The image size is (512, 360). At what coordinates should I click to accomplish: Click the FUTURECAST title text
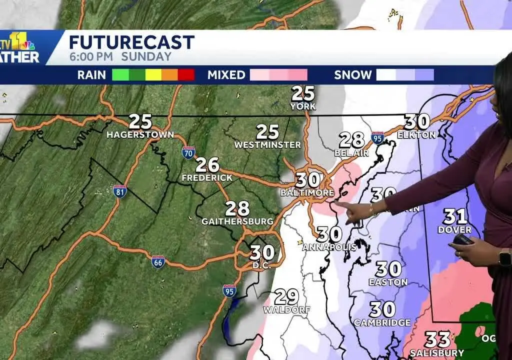click(131, 42)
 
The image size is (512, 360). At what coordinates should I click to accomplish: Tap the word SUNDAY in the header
click(149, 56)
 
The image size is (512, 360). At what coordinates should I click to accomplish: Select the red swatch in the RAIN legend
click(185, 75)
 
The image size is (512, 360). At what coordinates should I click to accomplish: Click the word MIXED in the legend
click(226, 75)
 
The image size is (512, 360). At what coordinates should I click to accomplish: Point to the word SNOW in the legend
click(353, 75)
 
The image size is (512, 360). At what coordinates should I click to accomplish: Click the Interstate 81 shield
click(119, 190)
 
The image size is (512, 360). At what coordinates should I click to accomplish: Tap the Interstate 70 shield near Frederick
click(188, 152)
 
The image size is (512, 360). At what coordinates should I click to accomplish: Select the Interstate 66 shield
click(158, 261)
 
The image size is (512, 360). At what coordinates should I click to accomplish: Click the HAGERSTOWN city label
click(140, 134)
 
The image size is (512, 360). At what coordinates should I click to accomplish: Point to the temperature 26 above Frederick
click(207, 164)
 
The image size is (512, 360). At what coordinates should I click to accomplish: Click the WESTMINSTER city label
click(267, 145)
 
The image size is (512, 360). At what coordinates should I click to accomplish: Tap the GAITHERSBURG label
click(237, 221)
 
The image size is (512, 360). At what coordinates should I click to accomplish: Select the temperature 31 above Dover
click(455, 216)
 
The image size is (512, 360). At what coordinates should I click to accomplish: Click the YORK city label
click(303, 106)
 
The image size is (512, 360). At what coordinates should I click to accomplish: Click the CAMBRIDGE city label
click(382, 322)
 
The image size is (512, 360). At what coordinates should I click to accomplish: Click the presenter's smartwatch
click(505, 257)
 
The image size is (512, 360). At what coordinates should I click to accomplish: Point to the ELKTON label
click(416, 134)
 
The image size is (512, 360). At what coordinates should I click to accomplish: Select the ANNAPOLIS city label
click(329, 246)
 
